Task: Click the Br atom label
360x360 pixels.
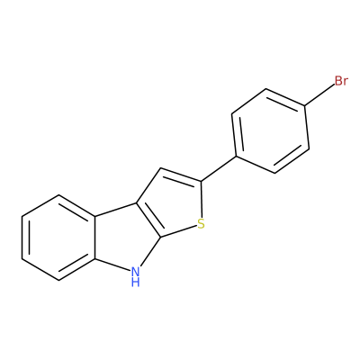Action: tap(341, 81)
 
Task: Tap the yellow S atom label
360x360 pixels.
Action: tap(201, 224)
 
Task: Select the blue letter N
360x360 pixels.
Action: tap(136, 272)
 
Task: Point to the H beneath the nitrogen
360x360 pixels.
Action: tap(136, 283)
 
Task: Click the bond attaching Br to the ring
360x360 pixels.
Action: tap(319, 95)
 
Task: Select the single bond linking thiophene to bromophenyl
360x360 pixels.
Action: tap(219, 168)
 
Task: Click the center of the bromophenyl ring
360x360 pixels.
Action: tap(270, 130)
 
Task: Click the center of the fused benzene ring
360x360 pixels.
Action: tap(58, 238)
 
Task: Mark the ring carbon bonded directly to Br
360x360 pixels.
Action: tap(305, 106)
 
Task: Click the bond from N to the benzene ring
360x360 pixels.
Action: tap(112, 265)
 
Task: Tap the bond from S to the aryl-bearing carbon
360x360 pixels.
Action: tap(202, 200)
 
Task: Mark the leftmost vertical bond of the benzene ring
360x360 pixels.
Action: tap(22, 238)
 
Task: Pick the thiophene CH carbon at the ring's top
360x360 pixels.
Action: tap(161, 168)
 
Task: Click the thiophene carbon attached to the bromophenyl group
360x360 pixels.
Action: tap(202, 181)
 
